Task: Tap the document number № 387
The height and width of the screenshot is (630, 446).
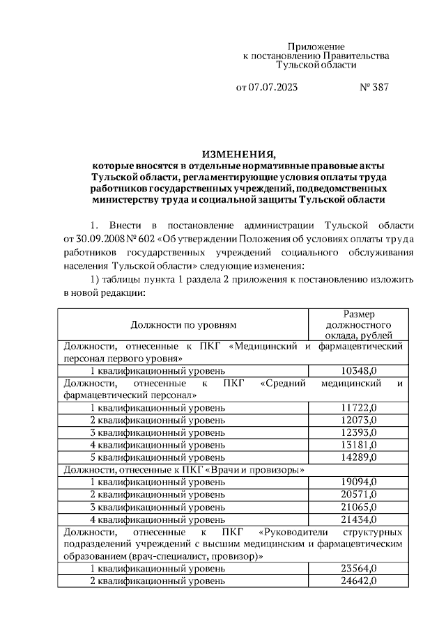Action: coord(374,88)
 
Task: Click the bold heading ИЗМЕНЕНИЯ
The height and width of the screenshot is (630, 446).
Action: coord(239,154)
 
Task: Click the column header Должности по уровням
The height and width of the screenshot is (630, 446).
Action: coord(183,324)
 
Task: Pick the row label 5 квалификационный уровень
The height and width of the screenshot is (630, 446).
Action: coord(157,457)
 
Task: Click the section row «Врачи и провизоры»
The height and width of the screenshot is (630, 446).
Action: coord(185,470)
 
